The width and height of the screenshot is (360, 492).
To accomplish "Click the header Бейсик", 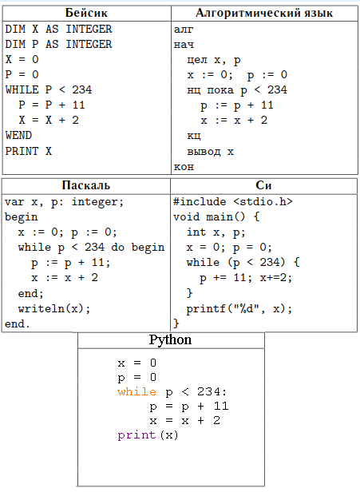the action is click(86, 13).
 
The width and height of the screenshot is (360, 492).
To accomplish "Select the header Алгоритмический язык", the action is click(264, 13).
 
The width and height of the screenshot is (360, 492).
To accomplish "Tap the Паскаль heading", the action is click(86, 185).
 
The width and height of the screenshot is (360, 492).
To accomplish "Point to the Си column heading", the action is click(263, 185).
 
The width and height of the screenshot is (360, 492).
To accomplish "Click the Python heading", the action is click(170, 339).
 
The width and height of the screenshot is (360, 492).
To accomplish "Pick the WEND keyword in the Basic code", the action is click(18, 136).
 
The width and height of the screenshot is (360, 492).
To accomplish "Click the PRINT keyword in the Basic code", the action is click(22, 151).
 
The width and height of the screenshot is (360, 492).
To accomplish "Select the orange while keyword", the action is click(136, 392).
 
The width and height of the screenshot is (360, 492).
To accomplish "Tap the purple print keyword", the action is click(136, 435).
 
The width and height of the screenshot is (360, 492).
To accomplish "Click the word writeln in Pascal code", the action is click(42, 309).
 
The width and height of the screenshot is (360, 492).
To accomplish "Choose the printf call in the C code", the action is click(206, 309).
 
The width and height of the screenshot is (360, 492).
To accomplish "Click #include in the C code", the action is click(200, 202).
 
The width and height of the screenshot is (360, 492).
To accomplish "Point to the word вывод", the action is click(204, 152).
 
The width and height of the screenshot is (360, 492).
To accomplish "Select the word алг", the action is click(184, 30).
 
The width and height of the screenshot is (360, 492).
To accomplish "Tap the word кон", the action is click(184, 167).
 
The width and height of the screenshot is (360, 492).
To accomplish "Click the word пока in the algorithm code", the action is click(220, 90).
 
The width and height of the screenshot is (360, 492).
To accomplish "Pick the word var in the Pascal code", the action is click(14, 202).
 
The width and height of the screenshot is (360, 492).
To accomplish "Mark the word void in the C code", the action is click(186, 216).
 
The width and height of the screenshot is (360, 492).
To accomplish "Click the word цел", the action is click(197, 60).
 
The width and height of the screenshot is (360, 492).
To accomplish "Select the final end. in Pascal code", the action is click(18, 323).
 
